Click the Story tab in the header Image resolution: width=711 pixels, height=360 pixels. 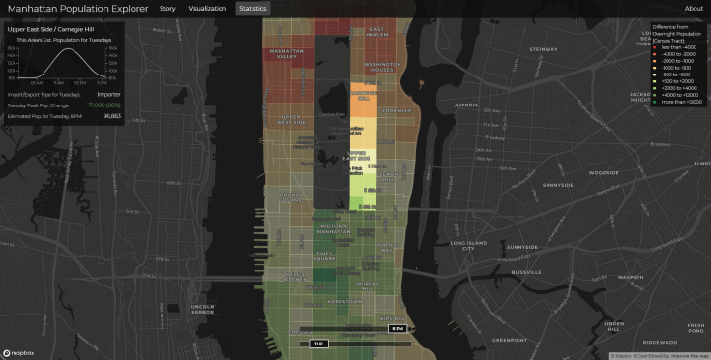pos(167,9)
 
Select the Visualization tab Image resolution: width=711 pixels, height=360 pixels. pos(207,9)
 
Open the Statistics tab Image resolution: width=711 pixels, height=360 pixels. pos(252,9)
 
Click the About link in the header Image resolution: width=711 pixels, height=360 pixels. pos(694,9)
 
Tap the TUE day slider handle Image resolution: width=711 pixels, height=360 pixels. pos(319,344)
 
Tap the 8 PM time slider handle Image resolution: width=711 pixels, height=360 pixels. pos(396,329)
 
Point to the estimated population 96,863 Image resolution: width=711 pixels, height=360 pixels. pos(111,115)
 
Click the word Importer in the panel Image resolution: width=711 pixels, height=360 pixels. pos(109,93)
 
